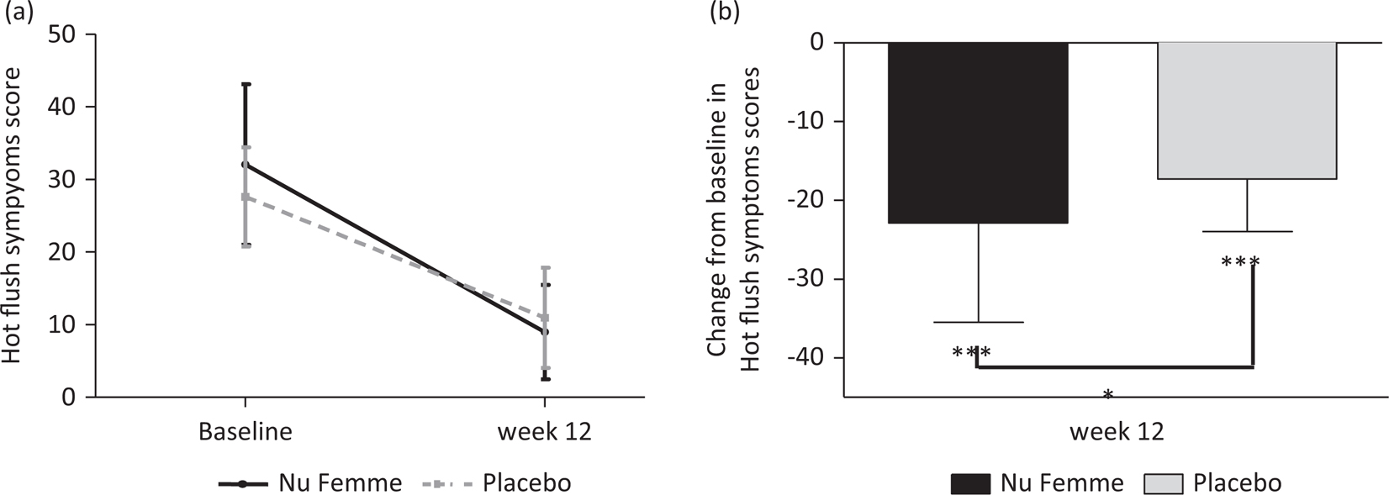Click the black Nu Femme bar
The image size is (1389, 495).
(978, 132)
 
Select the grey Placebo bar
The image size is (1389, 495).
(1247, 110)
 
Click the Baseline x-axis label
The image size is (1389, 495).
(245, 432)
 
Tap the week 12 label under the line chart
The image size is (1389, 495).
(544, 432)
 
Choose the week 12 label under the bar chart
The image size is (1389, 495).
(1117, 432)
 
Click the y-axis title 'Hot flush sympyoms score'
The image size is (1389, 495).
(12, 215)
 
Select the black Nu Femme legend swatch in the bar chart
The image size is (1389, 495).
(970, 484)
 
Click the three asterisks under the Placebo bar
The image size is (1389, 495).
(1239, 262)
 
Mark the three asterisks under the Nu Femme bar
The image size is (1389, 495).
(971, 353)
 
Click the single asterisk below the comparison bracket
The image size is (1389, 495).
(1108, 395)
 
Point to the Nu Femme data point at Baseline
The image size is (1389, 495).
(245, 165)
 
